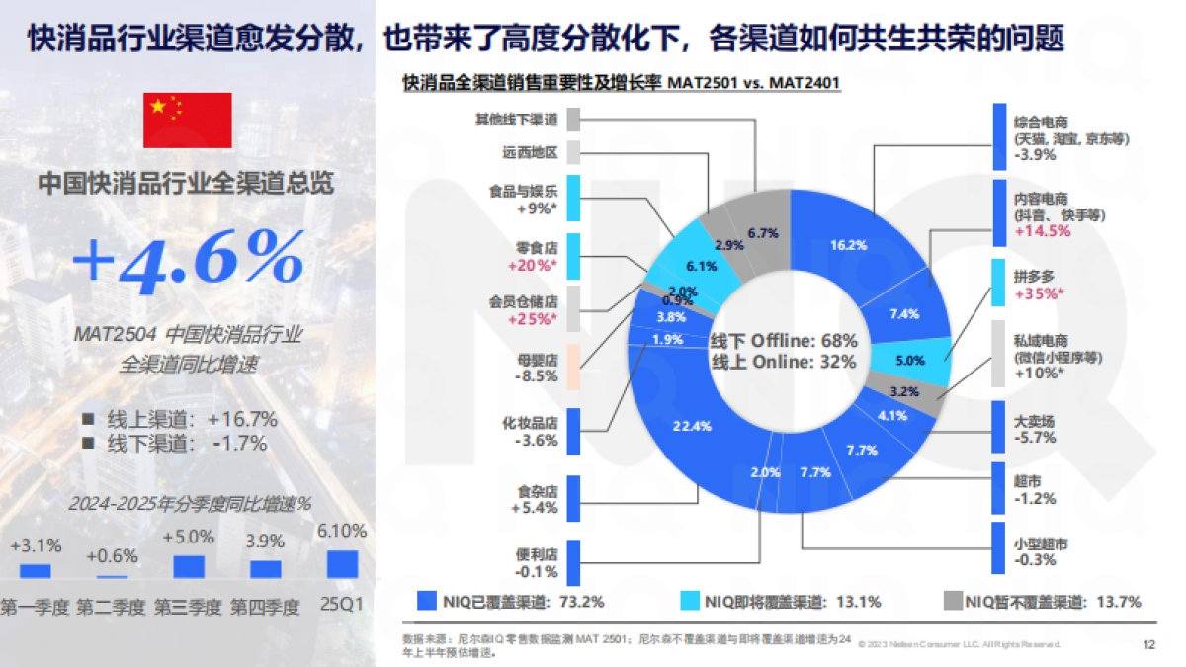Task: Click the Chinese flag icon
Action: tap(188, 121)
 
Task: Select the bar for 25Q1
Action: tap(343, 563)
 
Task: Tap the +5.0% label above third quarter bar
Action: tap(188, 537)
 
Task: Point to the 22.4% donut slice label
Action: tap(692, 426)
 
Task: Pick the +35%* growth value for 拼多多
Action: tap(1039, 293)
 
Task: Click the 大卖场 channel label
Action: tap(1035, 420)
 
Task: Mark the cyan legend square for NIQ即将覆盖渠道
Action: tap(690, 601)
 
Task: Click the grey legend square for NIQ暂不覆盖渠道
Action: tap(951, 601)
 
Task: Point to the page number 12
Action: tap(1148, 644)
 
